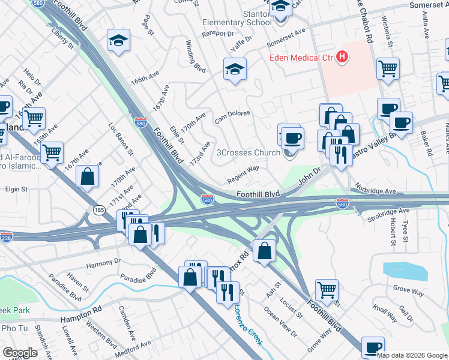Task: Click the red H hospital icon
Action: (342, 58)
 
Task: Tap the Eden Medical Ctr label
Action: (301, 58)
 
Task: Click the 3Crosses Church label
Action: (252, 152)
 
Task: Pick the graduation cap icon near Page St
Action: (118, 41)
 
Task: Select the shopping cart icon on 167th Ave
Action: (52, 152)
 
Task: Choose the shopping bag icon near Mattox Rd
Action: (264, 250)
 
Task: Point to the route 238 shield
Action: (6, 237)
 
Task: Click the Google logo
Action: (20, 353)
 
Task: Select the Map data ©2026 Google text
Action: (412, 355)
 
